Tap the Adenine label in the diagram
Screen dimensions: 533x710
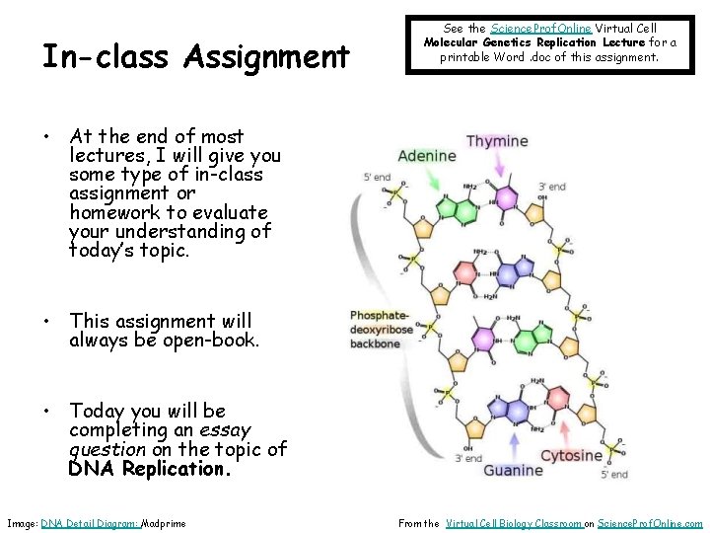pos(426,156)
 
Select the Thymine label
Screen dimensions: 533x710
pos(497,141)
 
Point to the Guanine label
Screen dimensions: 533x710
pos(513,471)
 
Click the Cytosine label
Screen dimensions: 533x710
pos(571,456)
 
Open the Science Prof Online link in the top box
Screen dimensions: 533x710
pos(541,29)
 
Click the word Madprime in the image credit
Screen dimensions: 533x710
pos(164,523)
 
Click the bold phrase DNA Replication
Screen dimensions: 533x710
pos(150,470)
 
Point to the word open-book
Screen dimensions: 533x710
pos(208,341)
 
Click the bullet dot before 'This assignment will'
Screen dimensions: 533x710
pos(47,322)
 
